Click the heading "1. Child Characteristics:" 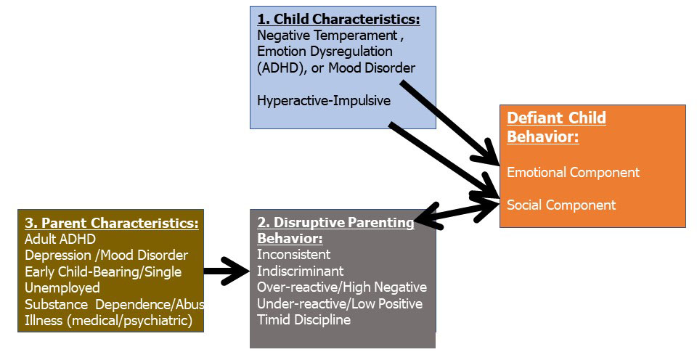click(339, 20)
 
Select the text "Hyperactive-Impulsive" click(324, 100)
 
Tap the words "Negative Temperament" click(327, 35)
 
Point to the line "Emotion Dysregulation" click(325, 52)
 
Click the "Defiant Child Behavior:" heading click(557, 127)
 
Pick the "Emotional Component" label click(574, 173)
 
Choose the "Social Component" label click(561, 205)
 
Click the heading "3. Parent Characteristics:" click(112, 223)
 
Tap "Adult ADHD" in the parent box click(60, 239)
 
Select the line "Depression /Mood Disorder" click(107, 255)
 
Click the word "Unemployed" click(62, 288)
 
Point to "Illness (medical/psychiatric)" click(108, 321)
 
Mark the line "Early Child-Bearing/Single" click(103, 271)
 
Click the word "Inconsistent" click(294, 255)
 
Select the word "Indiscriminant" click(301, 271)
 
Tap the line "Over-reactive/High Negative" click(342, 287)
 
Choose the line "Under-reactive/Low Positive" click(340, 304)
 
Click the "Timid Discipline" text click(304, 320)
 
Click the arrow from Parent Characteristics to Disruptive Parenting click(227, 271)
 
